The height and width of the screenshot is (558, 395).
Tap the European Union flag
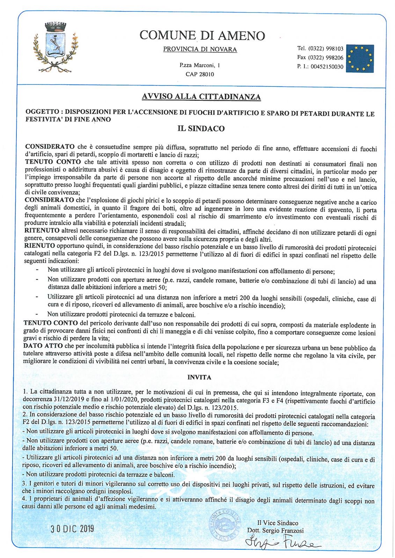click(360, 58)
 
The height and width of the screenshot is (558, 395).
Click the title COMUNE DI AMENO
click(202, 35)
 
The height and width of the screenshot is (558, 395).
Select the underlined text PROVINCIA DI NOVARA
click(200, 49)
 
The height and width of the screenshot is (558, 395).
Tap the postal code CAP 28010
click(200, 74)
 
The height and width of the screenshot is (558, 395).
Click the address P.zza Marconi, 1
click(200, 65)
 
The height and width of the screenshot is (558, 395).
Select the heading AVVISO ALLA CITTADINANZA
click(201, 97)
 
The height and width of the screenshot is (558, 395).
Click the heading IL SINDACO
click(201, 128)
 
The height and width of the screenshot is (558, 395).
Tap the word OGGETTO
click(42, 112)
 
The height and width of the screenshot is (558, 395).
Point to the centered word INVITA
click(199, 377)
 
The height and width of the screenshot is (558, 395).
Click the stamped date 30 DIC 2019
click(72, 528)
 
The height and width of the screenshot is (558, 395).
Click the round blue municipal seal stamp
click(225, 525)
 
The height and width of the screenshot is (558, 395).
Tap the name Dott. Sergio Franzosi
click(275, 531)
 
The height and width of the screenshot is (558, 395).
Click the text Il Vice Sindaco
click(278, 523)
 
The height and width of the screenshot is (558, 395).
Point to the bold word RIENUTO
click(39, 246)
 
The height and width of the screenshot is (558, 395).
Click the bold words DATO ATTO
click(43, 346)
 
